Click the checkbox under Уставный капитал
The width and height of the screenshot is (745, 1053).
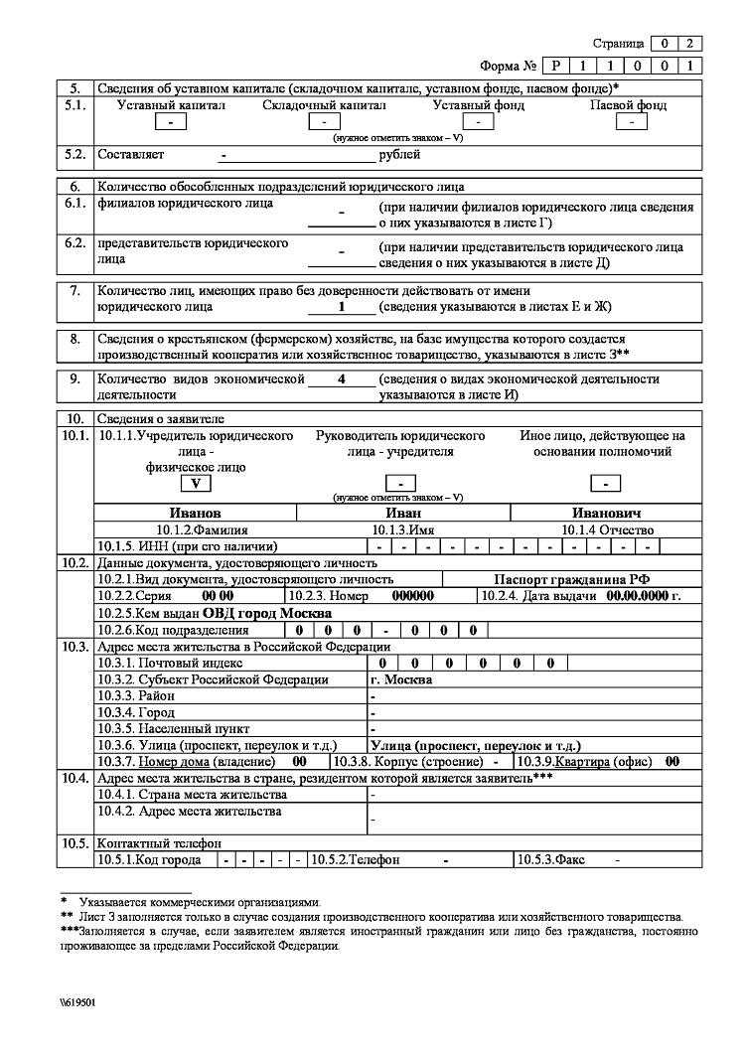pyautogui.click(x=172, y=122)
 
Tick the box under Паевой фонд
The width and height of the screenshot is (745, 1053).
pyautogui.click(x=630, y=122)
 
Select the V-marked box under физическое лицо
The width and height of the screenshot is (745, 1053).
pyautogui.click(x=196, y=484)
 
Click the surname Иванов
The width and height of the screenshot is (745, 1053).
pyautogui.click(x=196, y=514)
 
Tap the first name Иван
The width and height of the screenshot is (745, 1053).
pyautogui.click(x=403, y=514)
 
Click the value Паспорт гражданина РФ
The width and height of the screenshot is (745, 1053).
pyautogui.click(x=571, y=579)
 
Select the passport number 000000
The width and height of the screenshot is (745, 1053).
pyautogui.click(x=414, y=596)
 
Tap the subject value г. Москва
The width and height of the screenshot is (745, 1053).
pyautogui.click(x=400, y=680)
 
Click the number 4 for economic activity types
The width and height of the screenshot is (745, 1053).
pyautogui.click(x=341, y=379)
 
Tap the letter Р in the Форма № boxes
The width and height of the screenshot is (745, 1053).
pyautogui.click(x=556, y=66)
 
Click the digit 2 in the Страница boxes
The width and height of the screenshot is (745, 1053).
pyautogui.click(x=690, y=44)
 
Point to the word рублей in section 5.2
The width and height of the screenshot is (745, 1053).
pyautogui.click(x=399, y=155)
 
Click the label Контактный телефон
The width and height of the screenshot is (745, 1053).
pyautogui.click(x=147, y=843)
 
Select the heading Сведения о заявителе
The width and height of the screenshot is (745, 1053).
pyautogui.click(x=160, y=418)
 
